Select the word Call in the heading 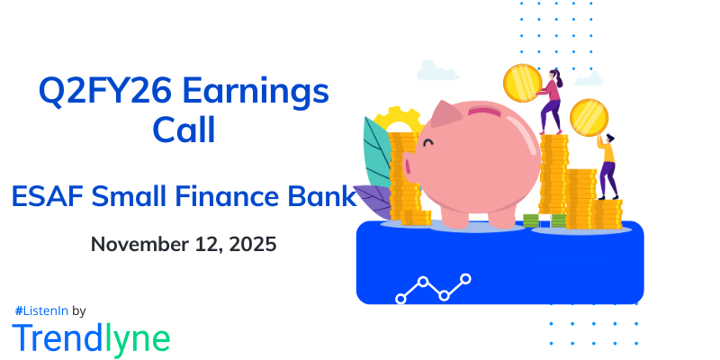184,131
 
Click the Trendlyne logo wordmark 91,337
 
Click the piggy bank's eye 428,142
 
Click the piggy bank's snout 409,167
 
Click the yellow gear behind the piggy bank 395,121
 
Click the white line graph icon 433,289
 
